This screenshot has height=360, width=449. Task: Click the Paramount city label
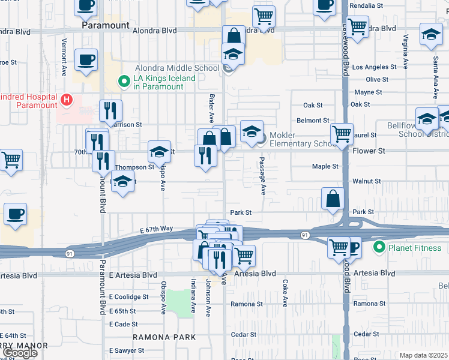coord(106,26)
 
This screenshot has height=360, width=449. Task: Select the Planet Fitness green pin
coord(379,247)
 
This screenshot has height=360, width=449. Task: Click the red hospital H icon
coord(67,99)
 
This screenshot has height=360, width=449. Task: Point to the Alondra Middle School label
coord(177,68)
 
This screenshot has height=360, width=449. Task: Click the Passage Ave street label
coord(262,176)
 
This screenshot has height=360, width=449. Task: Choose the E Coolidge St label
coord(128,297)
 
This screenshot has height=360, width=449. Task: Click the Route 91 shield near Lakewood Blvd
coord(306,235)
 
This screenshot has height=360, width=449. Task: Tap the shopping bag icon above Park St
coord(333,199)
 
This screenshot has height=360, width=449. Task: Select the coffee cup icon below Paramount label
coord(86,60)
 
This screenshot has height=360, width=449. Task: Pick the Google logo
coord(20,353)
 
